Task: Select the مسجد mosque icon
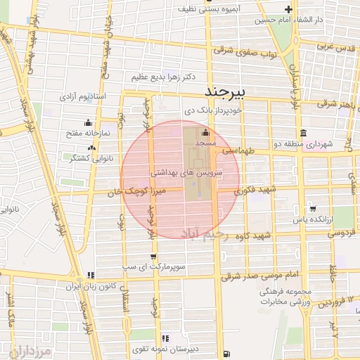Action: point(205,133)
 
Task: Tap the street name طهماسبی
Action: point(240,150)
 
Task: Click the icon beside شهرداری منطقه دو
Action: point(303,134)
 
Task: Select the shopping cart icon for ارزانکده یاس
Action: point(313,209)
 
